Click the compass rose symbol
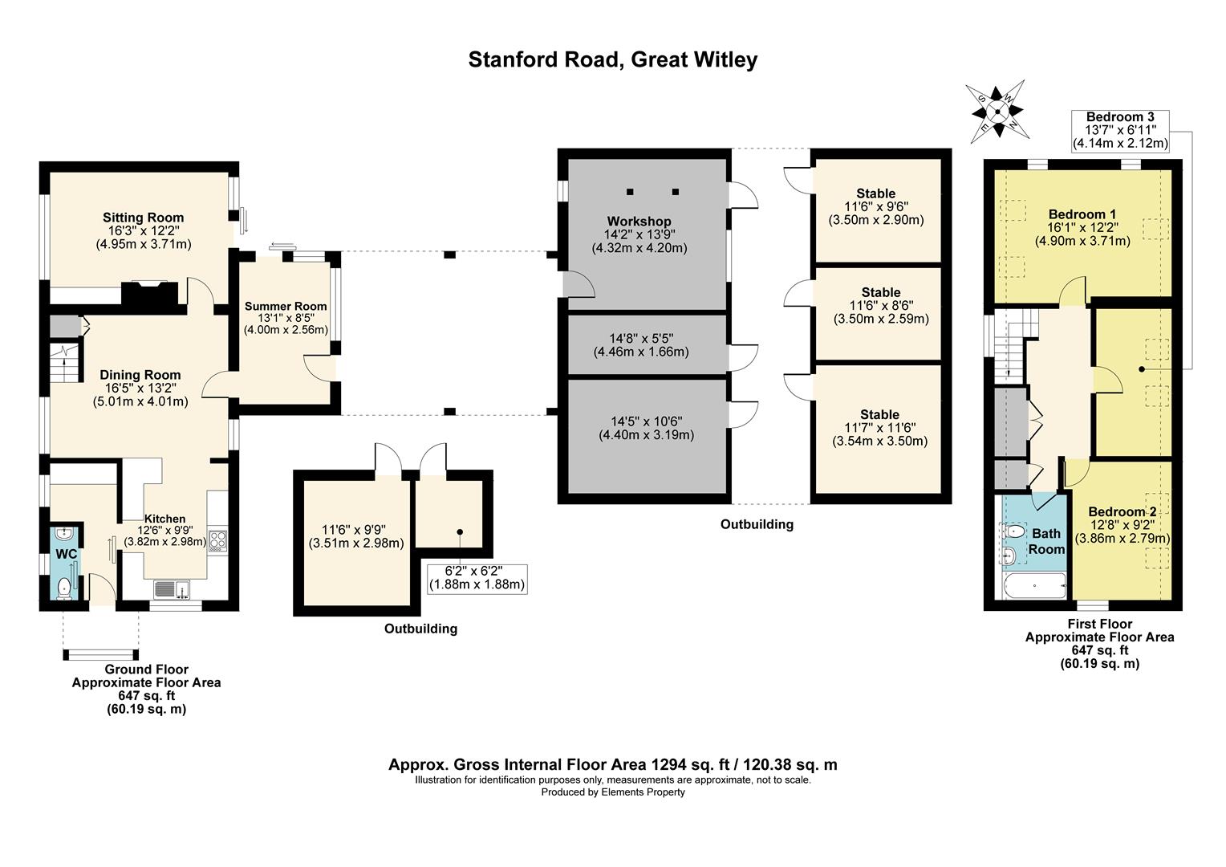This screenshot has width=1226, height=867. coord(997,112)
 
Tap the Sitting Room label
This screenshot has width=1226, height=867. coord(144,218)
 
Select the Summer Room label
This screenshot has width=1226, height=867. coord(286,306)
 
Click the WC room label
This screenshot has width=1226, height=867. coord(67,554)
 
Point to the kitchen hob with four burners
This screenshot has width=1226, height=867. coord(217,540)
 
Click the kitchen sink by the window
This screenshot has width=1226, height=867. coord(172,589)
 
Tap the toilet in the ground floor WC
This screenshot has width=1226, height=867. coord(64,588)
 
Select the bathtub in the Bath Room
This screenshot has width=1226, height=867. coord(1034,585)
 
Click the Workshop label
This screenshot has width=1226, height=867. coord(639,222)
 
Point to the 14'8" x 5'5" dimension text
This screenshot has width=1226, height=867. coord(641,339)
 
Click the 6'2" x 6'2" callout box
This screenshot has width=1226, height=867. coord(477,578)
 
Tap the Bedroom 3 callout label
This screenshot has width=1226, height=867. coord(1120,116)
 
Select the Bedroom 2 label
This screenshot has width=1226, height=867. coord(1122,511)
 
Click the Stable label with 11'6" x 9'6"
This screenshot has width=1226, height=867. coord(875,193)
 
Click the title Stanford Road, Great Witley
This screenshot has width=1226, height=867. coord(613,59)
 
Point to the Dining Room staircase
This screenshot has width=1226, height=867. coord(65,363)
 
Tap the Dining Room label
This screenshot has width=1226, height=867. coord(140,375)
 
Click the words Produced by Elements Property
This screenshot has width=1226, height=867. coord(613,792)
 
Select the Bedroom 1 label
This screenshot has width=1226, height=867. coord(1082,214)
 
